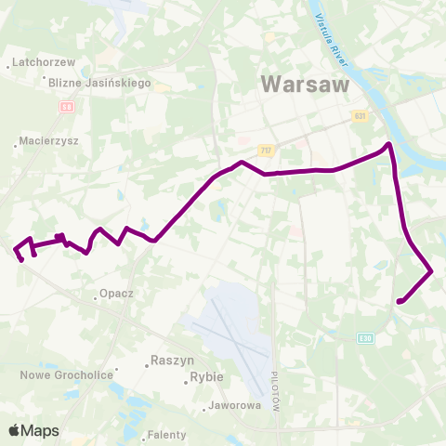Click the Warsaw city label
pos(305,84)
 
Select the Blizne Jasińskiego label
pos(100,83)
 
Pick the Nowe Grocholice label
pos(67,374)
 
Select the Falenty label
pos(167,434)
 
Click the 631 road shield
pos(360,116)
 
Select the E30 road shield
pos(366,338)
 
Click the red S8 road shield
pos(66,107)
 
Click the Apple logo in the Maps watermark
pos(15,430)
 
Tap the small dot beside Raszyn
pos(147,365)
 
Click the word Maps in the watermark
pos(41,431)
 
